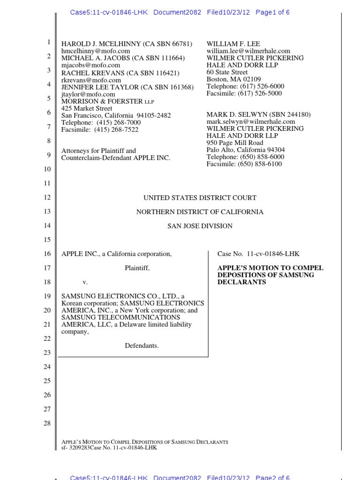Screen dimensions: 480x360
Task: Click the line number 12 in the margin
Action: (x=47, y=197)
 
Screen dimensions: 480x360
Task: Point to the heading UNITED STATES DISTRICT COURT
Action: (x=200, y=198)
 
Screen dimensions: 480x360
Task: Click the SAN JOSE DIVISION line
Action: (x=200, y=226)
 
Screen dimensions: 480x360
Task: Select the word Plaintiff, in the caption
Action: (x=137, y=268)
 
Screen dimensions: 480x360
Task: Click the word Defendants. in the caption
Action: (x=142, y=345)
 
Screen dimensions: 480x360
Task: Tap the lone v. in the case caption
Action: (x=85, y=282)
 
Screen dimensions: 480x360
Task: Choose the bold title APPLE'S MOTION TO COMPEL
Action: (x=270, y=268)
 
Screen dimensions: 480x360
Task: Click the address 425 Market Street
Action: (x=87, y=108)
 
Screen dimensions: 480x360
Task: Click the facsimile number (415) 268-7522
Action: (x=116, y=129)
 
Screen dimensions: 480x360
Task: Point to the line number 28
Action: (x=47, y=423)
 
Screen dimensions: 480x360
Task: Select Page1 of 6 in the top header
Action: (x=272, y=13)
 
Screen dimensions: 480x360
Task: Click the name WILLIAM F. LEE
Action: (x=230, y=44)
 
